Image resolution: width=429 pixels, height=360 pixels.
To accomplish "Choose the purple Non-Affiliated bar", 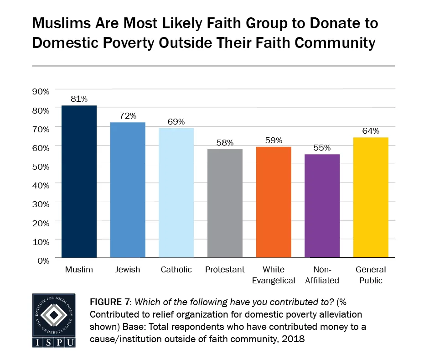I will coord(322,206).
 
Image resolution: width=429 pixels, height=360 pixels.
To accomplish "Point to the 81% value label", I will coord(79,99).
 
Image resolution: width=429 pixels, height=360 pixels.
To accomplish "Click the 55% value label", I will coord(322,148).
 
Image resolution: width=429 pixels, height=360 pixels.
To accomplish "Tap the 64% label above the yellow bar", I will coord(371,131).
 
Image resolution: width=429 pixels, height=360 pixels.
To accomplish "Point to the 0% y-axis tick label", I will coord(43,261).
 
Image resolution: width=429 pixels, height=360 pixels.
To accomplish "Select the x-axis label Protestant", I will coord(225,270).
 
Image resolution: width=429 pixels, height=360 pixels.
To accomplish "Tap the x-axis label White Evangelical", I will coord(274,275).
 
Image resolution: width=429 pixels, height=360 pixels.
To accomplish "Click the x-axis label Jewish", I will coord(128,270).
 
